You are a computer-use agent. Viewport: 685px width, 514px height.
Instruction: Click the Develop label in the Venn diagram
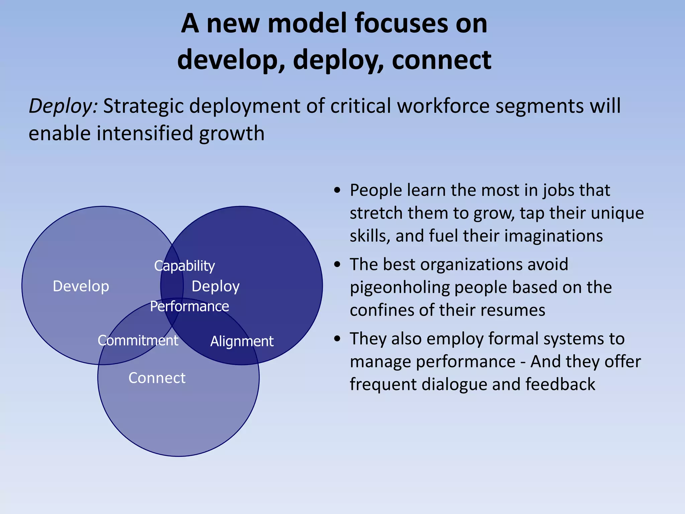[x=81, y=286]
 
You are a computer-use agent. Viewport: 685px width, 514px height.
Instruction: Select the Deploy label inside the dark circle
[x=215, y=286]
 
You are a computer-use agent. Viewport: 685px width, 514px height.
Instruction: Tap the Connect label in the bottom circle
[x=157, y=378]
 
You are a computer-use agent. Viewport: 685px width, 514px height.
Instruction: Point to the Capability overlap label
[x=184, y=266]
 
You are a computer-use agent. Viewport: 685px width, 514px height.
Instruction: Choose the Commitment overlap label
[x=138, y=341]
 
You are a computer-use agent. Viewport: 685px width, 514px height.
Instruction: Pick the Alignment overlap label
[x=242, y=341]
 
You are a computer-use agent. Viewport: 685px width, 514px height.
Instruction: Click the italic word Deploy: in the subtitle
[x=63, y=106]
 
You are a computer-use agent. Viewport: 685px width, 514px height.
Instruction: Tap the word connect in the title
[x=442, y=60]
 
